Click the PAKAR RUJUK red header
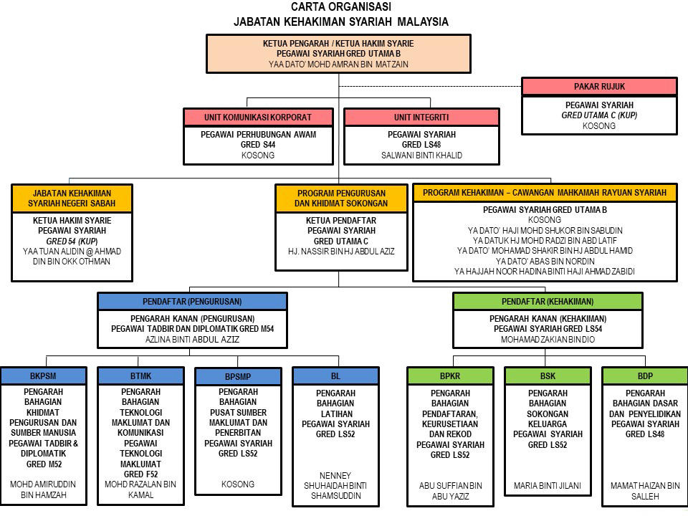[599, 87]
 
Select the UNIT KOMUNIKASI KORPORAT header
[258, 117]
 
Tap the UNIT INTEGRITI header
[421, 117]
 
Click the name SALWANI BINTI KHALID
[421, 155]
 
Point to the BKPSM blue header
[43, 376]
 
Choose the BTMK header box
[140, 376]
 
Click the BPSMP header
[238, 376]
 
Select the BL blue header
[335, 376]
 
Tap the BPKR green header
[450, 376]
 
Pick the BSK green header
[548, 376]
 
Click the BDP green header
[645, 376]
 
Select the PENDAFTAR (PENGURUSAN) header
[192, 302]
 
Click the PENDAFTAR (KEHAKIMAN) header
[548, 302]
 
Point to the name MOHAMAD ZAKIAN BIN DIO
[548, 339]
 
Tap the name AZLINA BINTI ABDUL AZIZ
[192, 339]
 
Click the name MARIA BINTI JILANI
[548, 486]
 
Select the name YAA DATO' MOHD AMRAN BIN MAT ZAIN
[338, 64]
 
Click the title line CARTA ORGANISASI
[341, 6]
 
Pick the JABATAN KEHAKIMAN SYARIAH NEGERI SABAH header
[72, 199]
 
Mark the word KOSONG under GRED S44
[258, 155]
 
